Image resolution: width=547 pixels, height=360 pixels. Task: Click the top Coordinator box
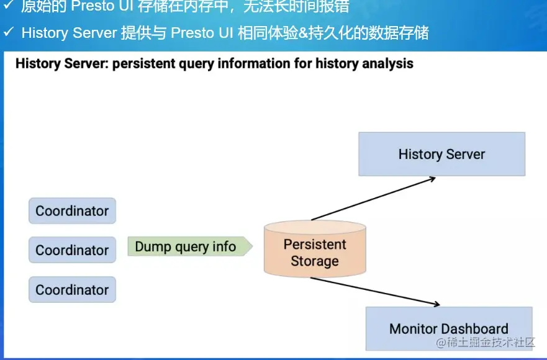point(72,211)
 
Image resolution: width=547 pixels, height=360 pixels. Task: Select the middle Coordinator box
point(72,250)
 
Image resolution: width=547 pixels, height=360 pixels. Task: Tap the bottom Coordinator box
point(72,290)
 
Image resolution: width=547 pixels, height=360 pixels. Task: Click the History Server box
point(441,154)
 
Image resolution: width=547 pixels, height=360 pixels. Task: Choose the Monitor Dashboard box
point(448,328)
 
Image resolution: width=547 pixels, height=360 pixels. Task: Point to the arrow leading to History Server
point(373,199)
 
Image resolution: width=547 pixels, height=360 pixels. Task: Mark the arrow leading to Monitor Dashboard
point(375,291)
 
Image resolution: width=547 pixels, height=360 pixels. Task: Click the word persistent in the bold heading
point(145,63)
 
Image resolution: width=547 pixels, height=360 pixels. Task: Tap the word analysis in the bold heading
point(387,63)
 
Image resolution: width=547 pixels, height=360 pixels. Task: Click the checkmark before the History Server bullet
point(9,32)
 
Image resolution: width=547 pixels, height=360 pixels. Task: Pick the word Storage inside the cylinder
point(314,261)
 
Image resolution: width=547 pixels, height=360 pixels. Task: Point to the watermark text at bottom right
point(486,343)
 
